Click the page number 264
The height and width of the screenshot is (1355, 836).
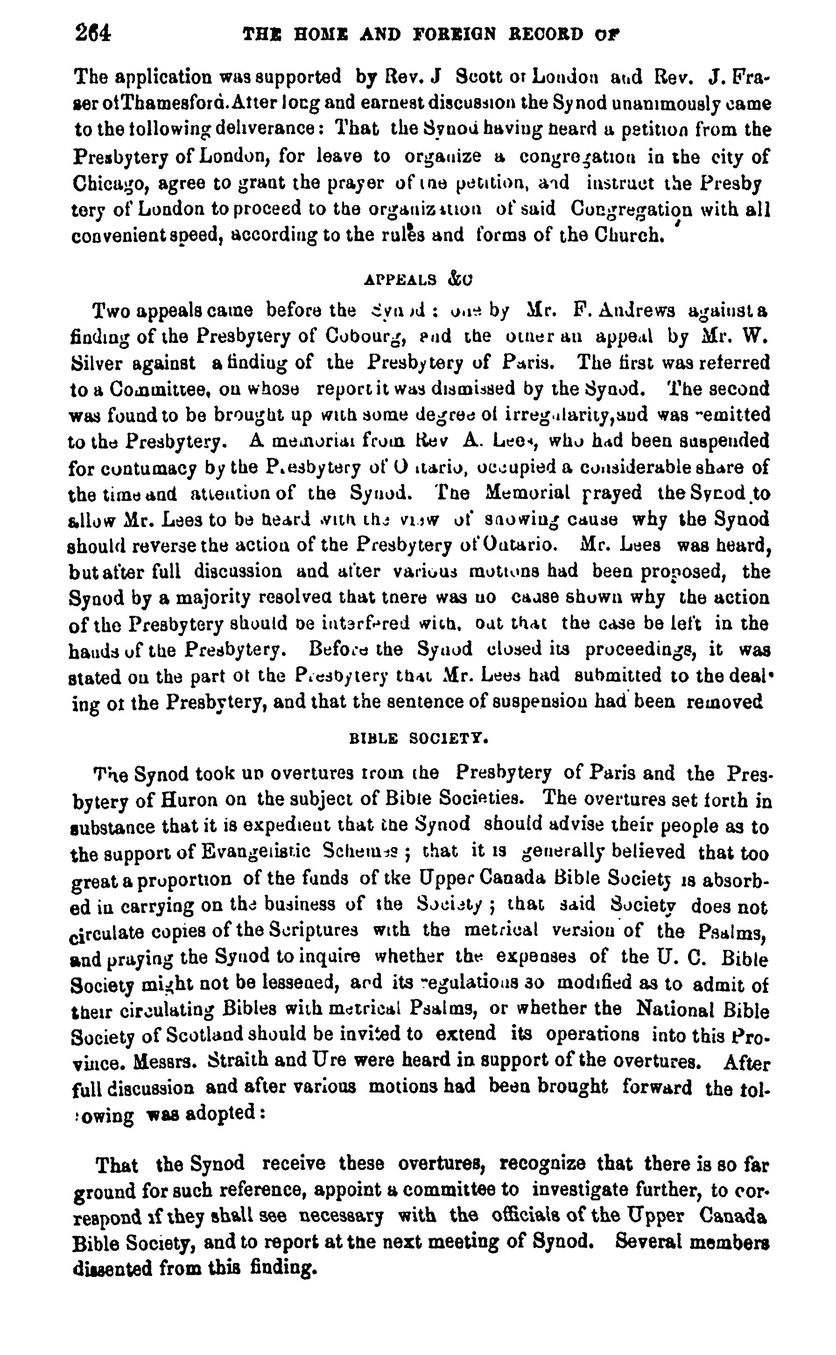93,34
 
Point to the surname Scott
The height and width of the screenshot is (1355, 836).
479,77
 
